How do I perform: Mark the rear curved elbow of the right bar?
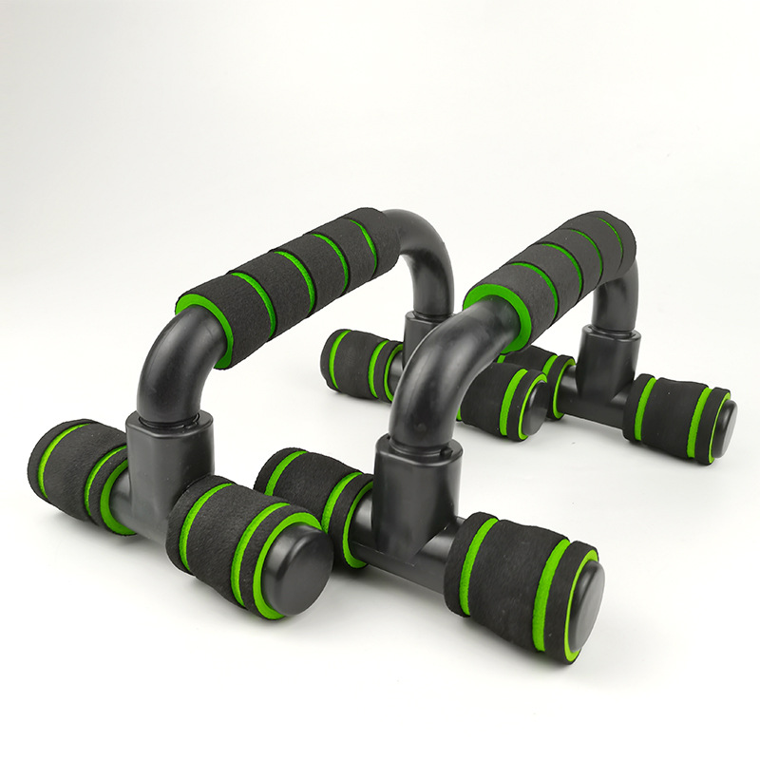pyautogui.click(x=622, y=285)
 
